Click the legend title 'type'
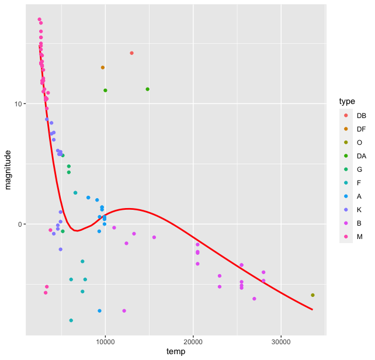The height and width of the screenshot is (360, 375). (347, 102)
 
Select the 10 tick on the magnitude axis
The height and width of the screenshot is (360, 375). (18, 104)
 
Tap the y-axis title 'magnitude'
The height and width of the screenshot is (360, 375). (8, 169)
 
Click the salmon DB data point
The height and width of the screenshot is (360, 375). (132, 53)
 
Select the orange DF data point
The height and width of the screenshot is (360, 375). (103, 68)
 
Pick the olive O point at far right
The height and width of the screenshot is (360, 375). (313, 295)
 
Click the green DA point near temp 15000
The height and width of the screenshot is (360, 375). (148, 89)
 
